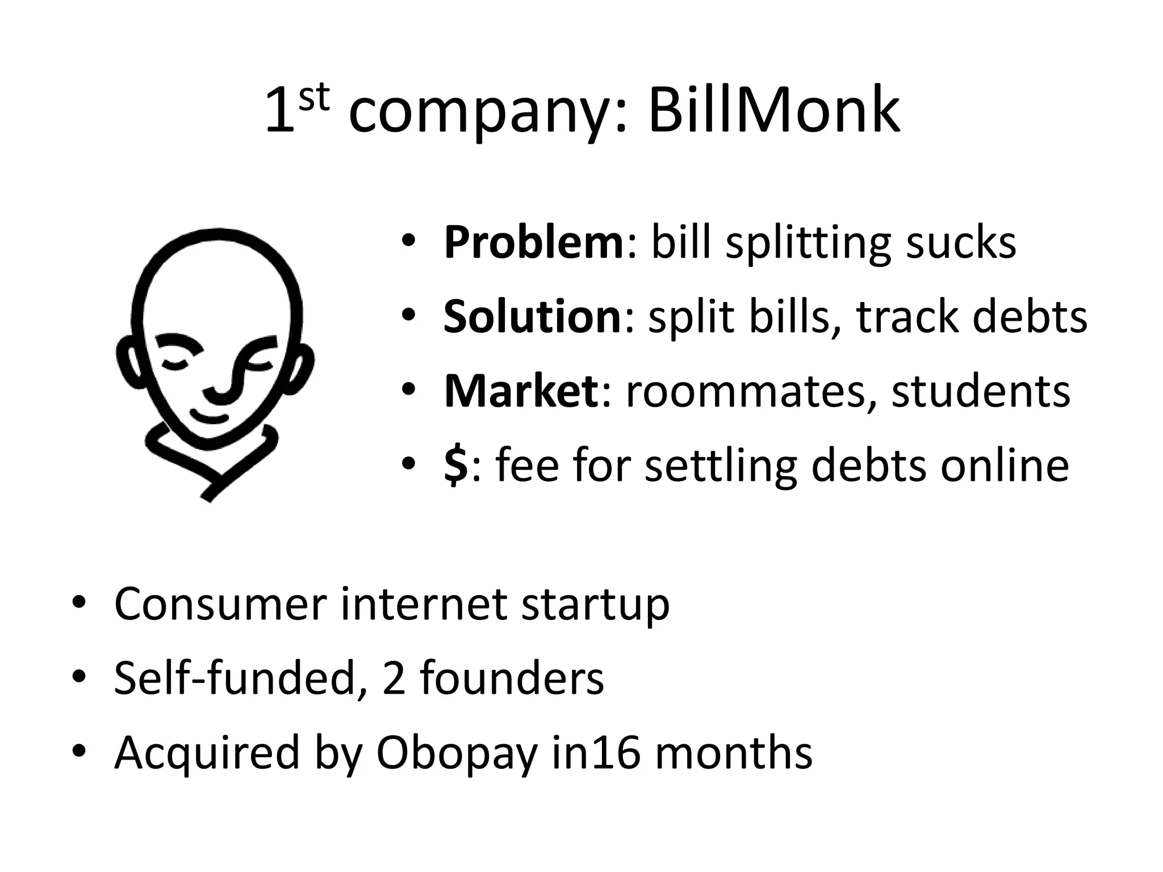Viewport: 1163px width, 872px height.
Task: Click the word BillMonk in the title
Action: click(773, 110)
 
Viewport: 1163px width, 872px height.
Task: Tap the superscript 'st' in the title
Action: click(313, 98)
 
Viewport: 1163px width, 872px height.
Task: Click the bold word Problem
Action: click(534, 243)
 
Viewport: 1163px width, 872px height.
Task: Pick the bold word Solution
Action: click(533, 317)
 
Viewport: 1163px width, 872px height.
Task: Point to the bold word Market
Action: click(521, 391)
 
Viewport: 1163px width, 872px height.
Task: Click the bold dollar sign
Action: click(455, 466)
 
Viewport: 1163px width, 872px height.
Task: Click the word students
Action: click(981, 391)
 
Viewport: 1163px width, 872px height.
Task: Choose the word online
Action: click(1005, 466)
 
